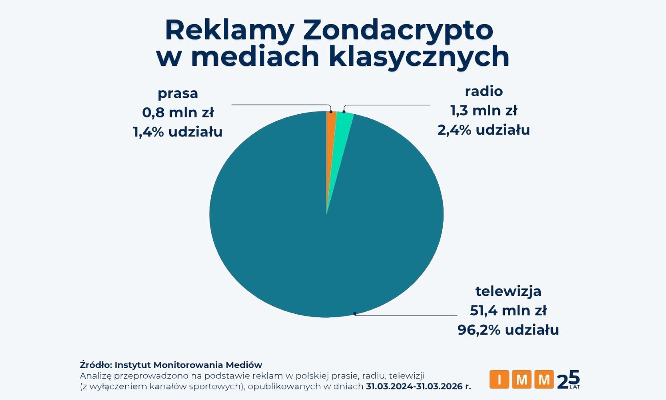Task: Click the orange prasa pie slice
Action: click(x=331, y=122)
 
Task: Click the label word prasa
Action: click(x=178, y=93)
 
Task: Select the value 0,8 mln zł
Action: click(x=178, y=112)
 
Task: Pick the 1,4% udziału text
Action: click(x=178, y=132)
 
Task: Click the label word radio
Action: click(x=484, y=91)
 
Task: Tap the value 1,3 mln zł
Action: click(x=484, y=111)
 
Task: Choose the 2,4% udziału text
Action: click(x=484, y=130)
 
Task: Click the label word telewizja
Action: click(x=508, y=291)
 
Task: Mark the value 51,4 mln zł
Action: click(x=508, y=311)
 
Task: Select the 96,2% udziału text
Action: click(x=508, y=330)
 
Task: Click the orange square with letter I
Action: click(x=499, y=380)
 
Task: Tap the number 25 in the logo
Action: click(x=568, y=380)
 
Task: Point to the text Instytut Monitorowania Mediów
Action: click(x=188, y=365)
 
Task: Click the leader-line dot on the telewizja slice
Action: click(x=355, y=314)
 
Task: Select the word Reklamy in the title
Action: click(x=229, y=30)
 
